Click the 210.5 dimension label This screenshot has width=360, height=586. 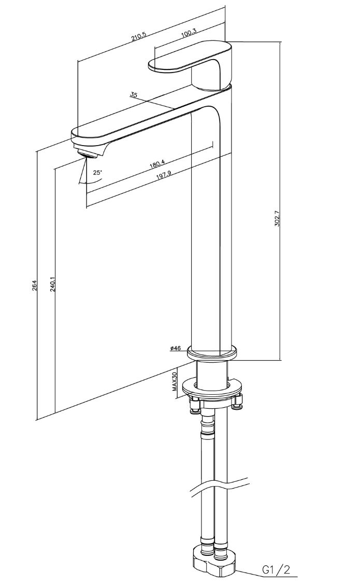click(x=138, y=37)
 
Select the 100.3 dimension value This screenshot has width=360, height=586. click(x=189, y=32)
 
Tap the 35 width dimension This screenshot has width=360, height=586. click(x=134, y=95)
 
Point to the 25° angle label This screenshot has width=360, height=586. click(x=97, y=173)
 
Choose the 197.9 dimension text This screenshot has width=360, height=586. click(x=164, y=175)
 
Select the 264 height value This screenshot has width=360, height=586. click(x=34, y=285)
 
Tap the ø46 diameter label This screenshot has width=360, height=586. click(x=175, y=348)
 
